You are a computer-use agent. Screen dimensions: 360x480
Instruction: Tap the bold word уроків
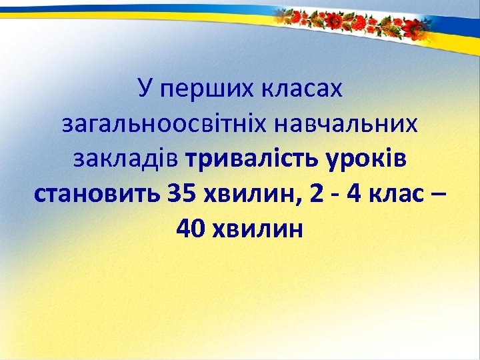pyautogui.click(x=369, y=160)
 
